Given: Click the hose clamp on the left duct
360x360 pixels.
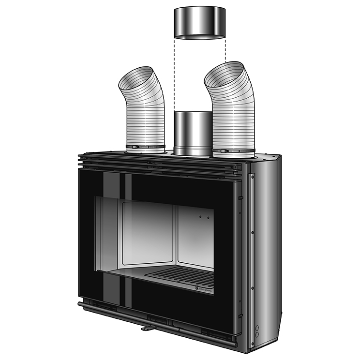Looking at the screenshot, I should pyautogui.click(x=146, y=147).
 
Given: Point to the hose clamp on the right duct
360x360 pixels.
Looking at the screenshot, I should pyautogui.click(x=234, y=150).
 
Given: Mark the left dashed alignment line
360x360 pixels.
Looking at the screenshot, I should pyautogui.click(x=174, y=73).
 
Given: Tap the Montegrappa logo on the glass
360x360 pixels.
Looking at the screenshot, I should pyautogui.click(x=197, y=288).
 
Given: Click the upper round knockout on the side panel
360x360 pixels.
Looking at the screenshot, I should pyautogui.click(x=257, y=327).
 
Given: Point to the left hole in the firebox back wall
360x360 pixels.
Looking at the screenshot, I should pyautogui.click(x=201, y=217).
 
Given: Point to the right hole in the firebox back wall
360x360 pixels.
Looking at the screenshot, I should pyautogui.click(x=208, y=218).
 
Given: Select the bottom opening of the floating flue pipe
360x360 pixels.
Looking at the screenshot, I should pyautogui.click(x=199, y=36).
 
